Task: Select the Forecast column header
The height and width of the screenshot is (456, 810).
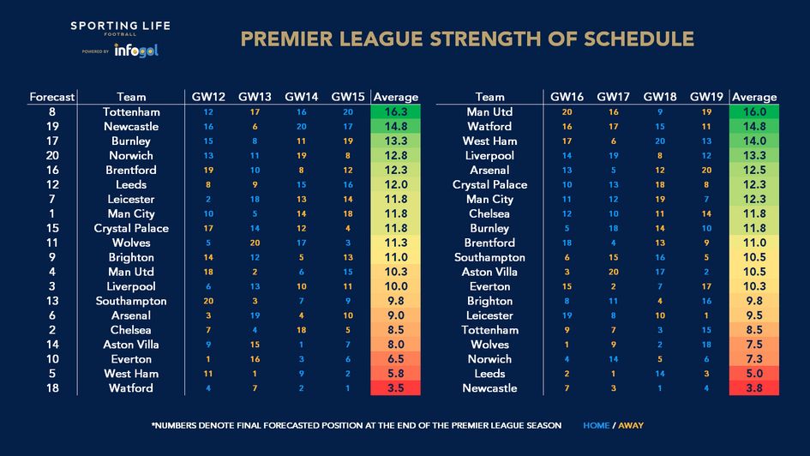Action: (x=52, y=97)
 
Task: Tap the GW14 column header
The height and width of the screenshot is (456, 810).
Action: (x=301, y=97)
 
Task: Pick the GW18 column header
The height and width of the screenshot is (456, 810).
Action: (x=660, y=97)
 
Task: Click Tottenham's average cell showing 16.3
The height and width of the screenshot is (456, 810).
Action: (x=395, y=112)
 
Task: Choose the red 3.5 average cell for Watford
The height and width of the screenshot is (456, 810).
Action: (x=395, y=388)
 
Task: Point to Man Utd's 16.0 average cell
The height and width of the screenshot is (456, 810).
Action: (x=754, y=112)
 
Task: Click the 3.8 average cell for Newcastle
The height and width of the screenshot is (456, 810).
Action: (x=754, y=388)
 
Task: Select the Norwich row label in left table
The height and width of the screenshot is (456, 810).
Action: (x=131, y=155)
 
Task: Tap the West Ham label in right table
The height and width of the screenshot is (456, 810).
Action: (x=489, y=141)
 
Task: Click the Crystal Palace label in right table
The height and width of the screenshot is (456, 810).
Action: (x=489, y=184)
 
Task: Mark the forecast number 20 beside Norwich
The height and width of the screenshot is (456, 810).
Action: (x=52, y=155)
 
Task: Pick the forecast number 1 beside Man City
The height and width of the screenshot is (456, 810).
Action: (x=52, y=213)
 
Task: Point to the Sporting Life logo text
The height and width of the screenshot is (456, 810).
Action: (x=120, y=26)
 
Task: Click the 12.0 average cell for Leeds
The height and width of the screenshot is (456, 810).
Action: (x=395, y=184)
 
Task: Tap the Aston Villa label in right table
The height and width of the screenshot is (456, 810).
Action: (x=489, y=272)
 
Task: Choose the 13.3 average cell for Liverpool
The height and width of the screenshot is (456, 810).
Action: (x=754, y=155)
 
